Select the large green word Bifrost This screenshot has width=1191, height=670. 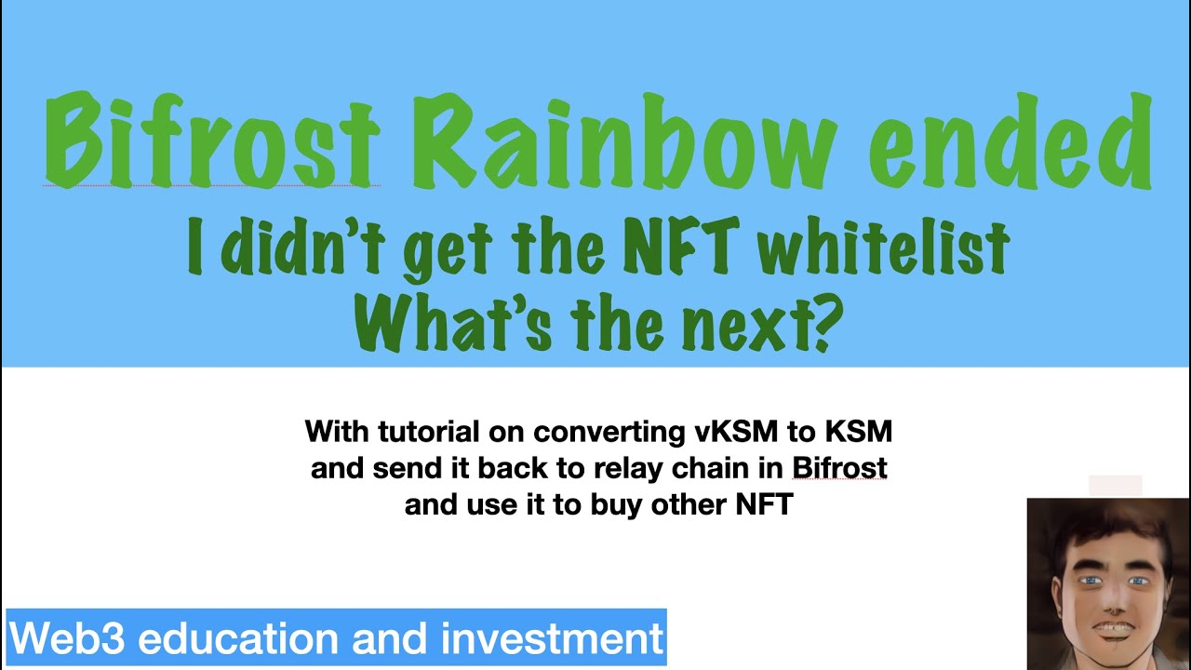(211, 140)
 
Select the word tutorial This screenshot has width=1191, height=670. (450, 432)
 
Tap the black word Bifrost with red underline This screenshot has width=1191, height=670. (840, 468)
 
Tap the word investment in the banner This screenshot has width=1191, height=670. (553, 638)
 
